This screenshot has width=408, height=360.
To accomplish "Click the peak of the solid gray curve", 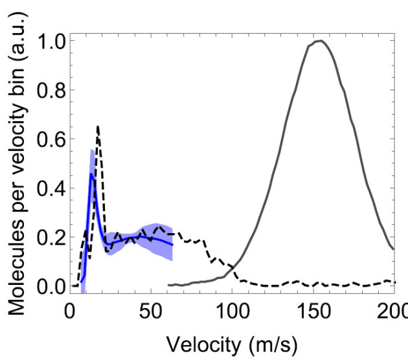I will pyautogui.click(x=319, y=41).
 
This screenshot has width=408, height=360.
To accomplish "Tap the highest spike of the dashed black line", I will pyautogui.click(x=98, y=126).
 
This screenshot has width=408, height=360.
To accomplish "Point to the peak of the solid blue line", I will pyautogui.click(x=91, y=174).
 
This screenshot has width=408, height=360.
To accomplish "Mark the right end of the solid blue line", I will pyautogui.click(x=172, y=244).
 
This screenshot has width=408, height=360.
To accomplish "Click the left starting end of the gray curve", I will pyautogui.click(x=168, y=285).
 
